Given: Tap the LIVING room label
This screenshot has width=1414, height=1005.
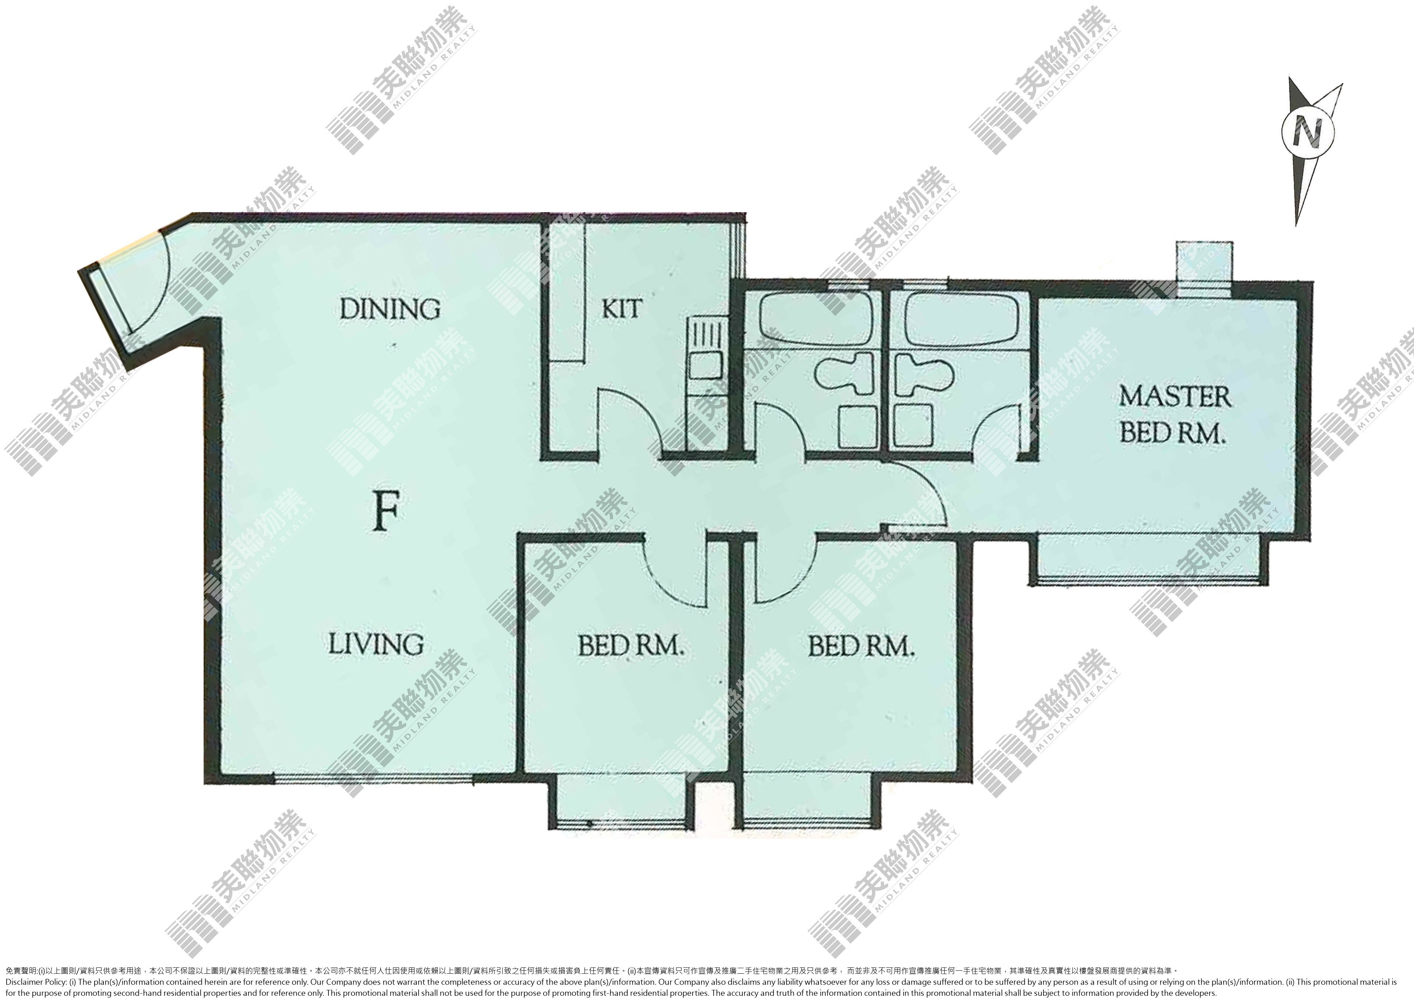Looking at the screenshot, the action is click(x=376, y=644).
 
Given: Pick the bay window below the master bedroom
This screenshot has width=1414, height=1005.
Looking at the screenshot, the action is click(x=1144, y=559).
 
